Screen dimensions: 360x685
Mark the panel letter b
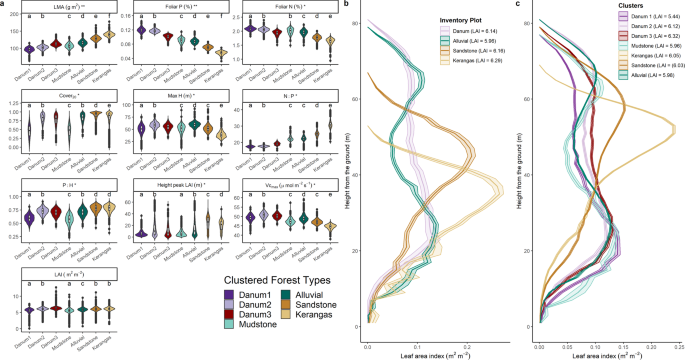pos(346,6)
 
